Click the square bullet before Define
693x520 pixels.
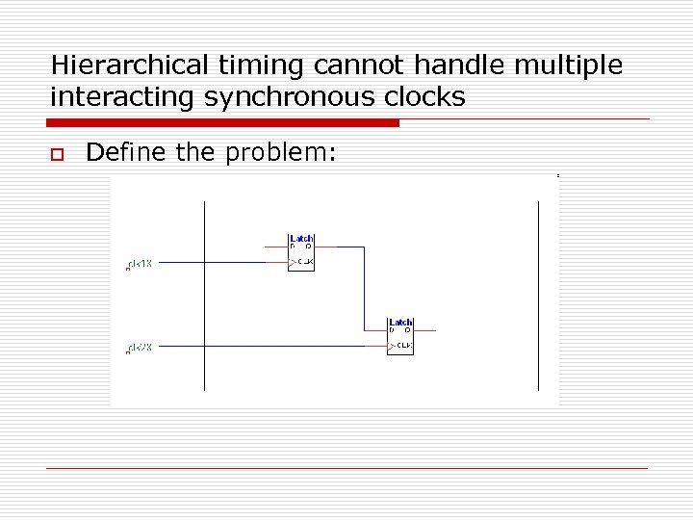click(57, 154)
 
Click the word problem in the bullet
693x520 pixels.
click(284, 152)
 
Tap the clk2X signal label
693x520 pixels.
click(141, 348)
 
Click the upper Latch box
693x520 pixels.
click(301, 252)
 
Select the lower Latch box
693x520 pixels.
click(400, 336)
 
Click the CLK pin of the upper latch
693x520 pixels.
click(304, 261)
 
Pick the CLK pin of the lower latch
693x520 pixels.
click(403, 345)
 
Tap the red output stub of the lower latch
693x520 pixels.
click(424, 330)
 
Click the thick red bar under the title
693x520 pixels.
click(222, 123)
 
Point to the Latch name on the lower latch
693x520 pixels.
click(400, 322)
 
